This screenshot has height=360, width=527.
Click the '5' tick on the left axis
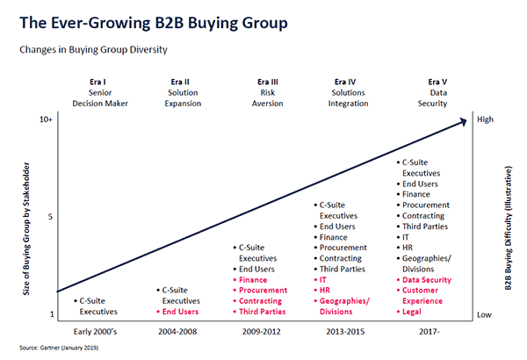coord(50,216)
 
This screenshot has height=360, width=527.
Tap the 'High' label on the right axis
coord(486,119)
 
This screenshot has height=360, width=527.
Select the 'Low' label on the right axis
coord(485,313)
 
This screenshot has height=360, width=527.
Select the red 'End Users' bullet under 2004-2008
coord(183,312)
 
